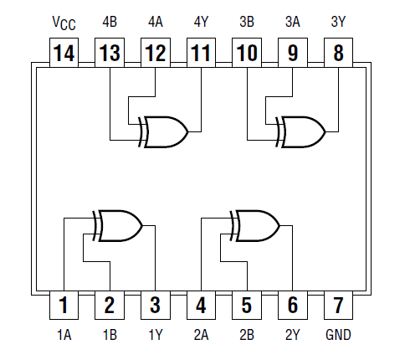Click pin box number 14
pyautogui.click(x=64, y=54)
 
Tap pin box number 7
pyautogui.click(x=338, y=305)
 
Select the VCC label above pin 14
pyautogui.click(x=64, y=23)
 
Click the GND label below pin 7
pyautogui.click(x=338, y=335)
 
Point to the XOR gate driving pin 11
pyautogui.click(x=164, y=131)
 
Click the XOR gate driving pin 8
pyautogui.click(x=302, y=131)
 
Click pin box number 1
pyautogui.click(x=64, y=305)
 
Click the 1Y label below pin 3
pyautogui.click(x=155, y=335)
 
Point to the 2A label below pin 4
pyautogui.click(x=201, y=335)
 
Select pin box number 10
pyautogui.click(x=247, y=54)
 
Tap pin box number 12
pyautogui.click(x=155, y=54)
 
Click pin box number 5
pyautogui.click(x=247, y=305)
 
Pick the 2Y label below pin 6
pyautogui.click(x=292, y=335)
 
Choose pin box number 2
pyautogui.click(x=110, y=305)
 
